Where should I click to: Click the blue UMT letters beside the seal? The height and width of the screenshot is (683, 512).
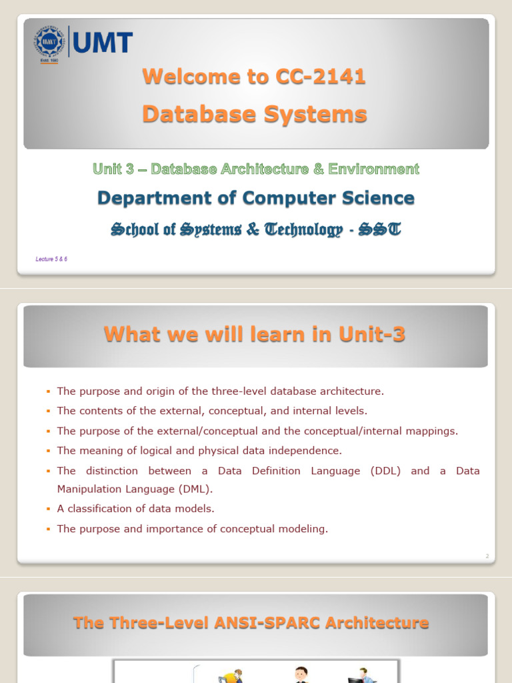pos(103,43)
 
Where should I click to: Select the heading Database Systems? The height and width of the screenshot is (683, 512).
pos(254,113)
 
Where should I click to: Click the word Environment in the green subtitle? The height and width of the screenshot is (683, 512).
pos(371,169)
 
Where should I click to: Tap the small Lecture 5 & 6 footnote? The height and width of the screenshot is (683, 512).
pos(51,259)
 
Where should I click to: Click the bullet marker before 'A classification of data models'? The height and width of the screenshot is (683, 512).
pos(49,509)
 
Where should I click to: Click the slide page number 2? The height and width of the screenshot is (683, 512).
pos(487,556)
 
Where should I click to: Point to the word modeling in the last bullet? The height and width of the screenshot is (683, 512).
pos(307,529)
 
